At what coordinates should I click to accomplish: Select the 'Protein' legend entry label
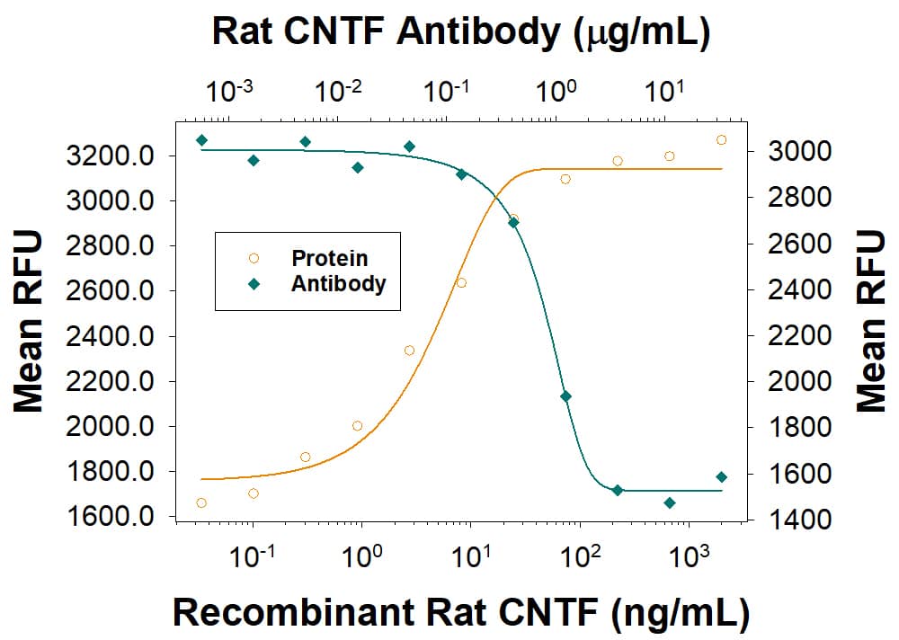(x=329, y=259)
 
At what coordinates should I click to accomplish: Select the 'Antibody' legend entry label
(x=338, y=284)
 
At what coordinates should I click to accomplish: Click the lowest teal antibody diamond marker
(x=670, y=502)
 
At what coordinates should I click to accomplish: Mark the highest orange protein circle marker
(x=721, y=139)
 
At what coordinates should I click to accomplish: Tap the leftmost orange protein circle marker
(x=201, y=502)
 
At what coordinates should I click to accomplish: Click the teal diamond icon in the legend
(x=254, y=284)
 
